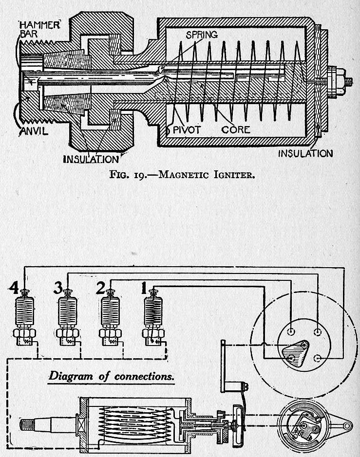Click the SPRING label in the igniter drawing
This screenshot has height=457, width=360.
[201, 36]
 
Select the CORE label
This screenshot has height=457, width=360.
[236, 129]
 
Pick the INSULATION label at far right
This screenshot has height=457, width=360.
[305, 154]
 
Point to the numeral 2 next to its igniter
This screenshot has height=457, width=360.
[100, 289]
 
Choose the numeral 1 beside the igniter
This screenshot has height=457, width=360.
[144, 289]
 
